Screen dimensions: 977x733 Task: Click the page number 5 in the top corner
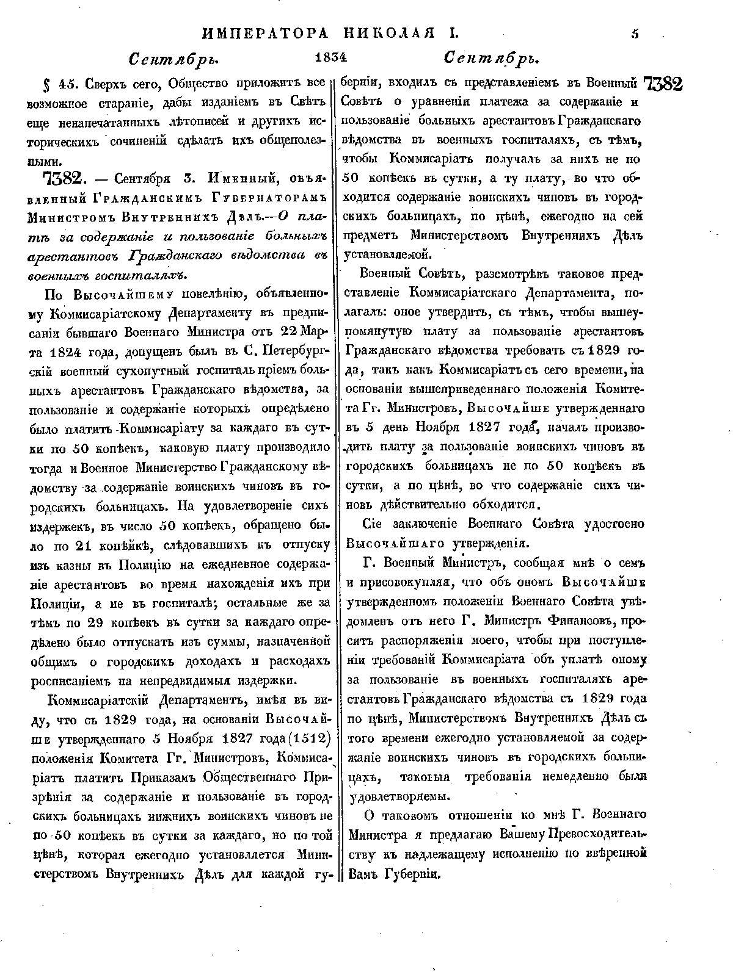[635, 35]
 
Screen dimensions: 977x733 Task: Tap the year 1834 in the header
[330, 57]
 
